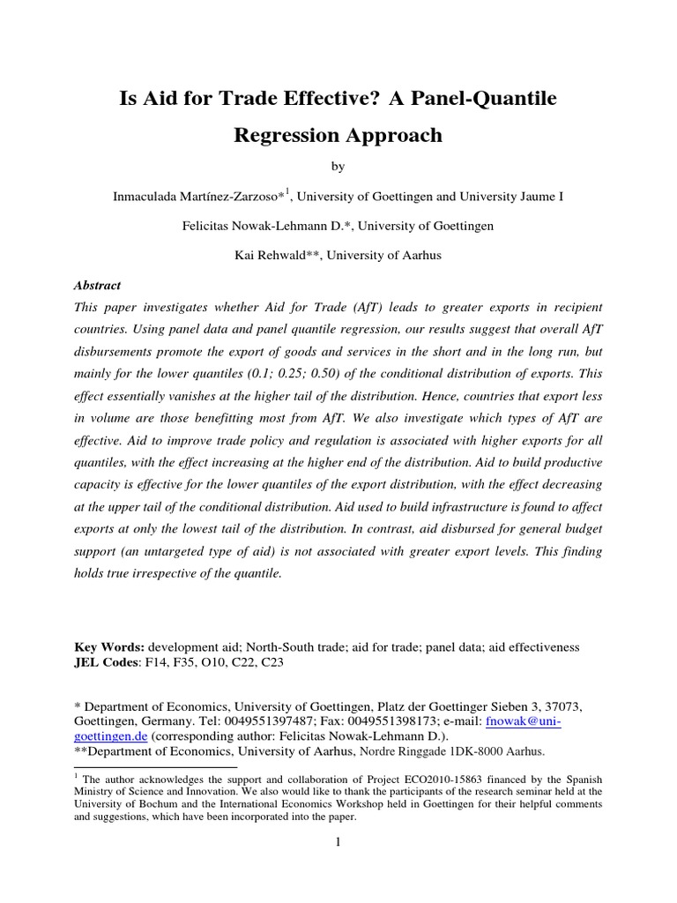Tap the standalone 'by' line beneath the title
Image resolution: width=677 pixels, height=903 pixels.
(x=338, y=166)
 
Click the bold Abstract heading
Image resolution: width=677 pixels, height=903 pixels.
(x=97, y=286)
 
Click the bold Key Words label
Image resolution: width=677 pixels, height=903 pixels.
(x=104, y=647)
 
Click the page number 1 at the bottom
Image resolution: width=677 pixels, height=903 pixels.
(x=337, y=843)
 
